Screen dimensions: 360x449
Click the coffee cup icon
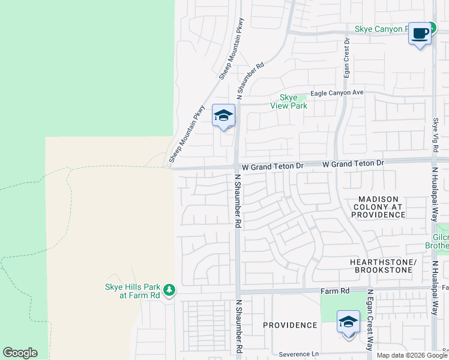(x=420, y=33)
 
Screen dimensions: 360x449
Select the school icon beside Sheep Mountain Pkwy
(x=223, y=116)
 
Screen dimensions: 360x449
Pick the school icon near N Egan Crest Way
(x=348, y=322)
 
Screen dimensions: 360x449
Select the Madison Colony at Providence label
(x=383, y=206)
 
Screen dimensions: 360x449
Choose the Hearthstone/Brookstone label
(x=383, y=266)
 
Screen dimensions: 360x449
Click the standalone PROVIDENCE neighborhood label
(x=290, y=325)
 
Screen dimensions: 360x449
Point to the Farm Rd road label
(x=335, y=291)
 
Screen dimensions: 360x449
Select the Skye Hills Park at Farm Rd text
(x=130, y=292)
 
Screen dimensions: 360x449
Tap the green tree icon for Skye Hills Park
(x=170, y=290)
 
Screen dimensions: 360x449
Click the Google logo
(x=20, y=353)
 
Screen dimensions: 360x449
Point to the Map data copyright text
(x=412, y=355)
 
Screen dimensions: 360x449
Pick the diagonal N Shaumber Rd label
(x=251, y=82)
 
